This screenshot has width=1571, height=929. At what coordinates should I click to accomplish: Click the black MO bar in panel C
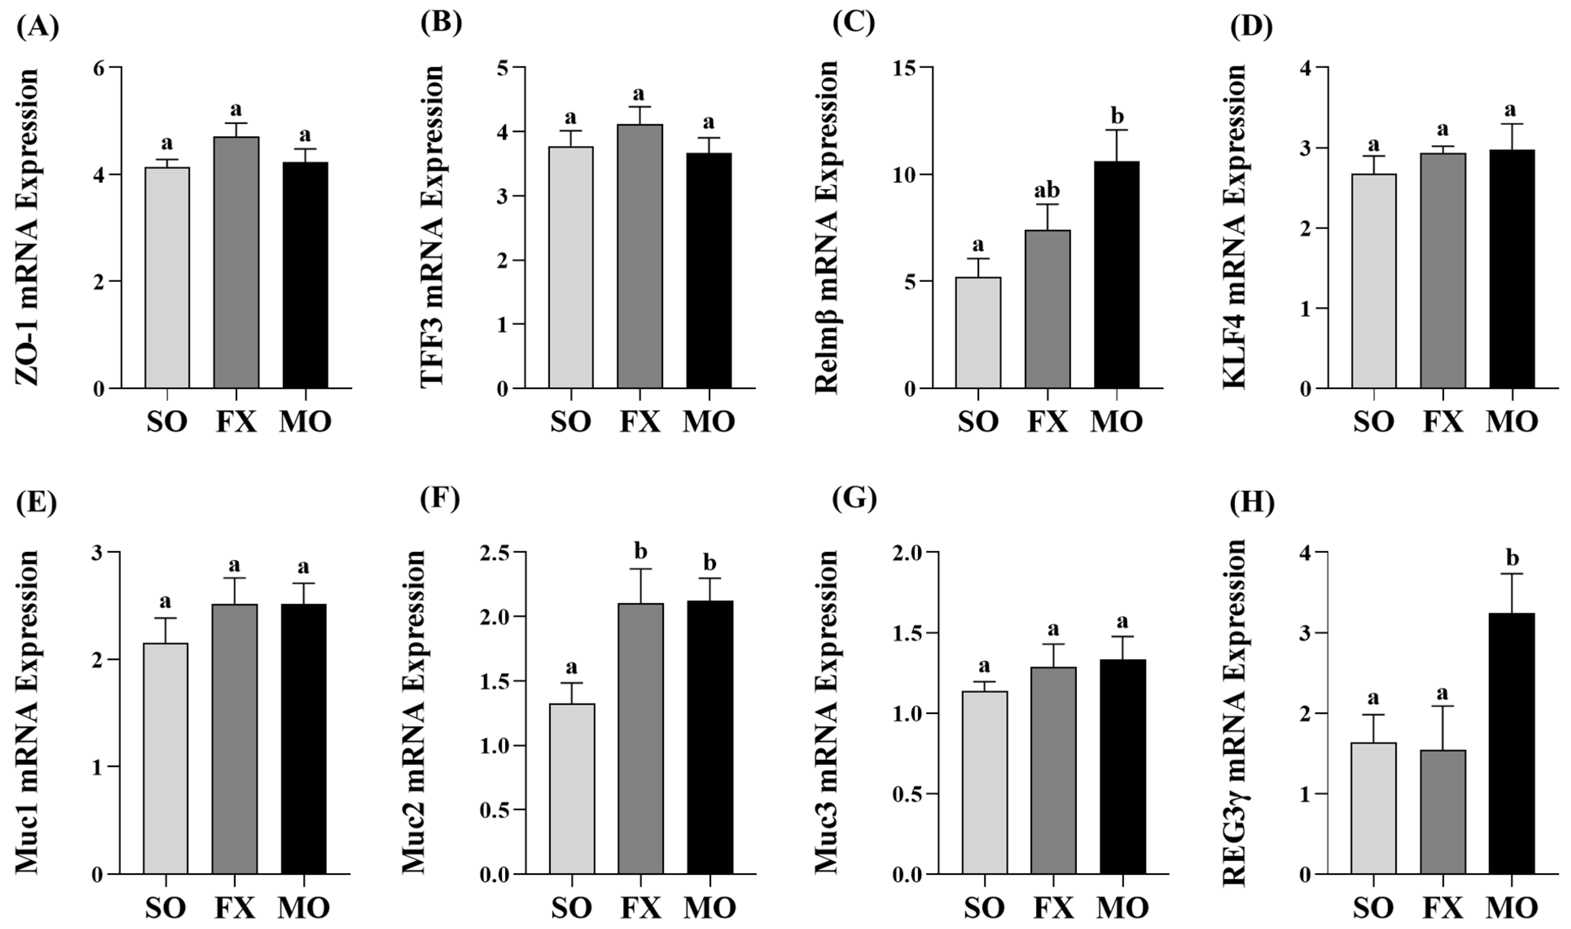pyautogui.click(x=1117, y=276)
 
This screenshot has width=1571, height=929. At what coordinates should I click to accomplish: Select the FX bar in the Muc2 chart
pyautogui.click(x=640, y=739)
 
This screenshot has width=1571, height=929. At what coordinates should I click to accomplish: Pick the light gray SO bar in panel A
pyautogui.click(x=167, y=278)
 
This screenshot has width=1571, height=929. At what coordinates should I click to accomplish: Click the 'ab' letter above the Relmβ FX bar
pyautogui.click(x=1047, y=190)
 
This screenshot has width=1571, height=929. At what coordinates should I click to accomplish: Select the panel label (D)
pyautogui.click(x=1251, y=26)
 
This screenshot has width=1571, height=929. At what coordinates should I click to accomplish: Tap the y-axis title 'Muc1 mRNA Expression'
pyautogui.click(x=26, y=712)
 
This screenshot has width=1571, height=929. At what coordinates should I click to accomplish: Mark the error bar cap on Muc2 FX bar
pyautogui.click(x=640, y=569)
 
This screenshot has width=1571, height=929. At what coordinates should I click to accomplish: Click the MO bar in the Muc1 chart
pyautogui.click(x=304, y=739)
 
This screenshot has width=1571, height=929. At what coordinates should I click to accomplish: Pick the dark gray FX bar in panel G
pyautogui.click(x=1054, y=770)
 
